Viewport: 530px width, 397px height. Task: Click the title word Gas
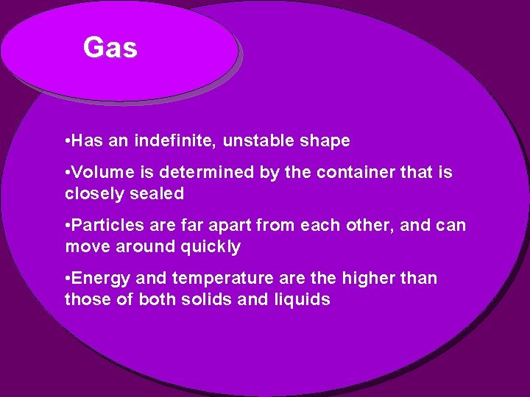coord(110,49)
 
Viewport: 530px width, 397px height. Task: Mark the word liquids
coord(303,300)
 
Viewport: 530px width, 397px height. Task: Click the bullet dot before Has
coord(68,140)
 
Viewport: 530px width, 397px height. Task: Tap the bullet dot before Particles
coord(68,225)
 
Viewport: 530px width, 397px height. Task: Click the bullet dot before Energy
coord(68,278)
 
